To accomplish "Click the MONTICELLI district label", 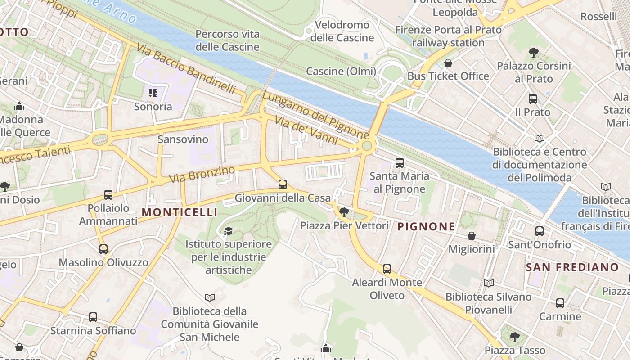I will click(x=180, y=212).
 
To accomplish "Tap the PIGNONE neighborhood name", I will click(x=426, y=226).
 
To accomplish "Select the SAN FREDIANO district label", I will click(x=572, y=267).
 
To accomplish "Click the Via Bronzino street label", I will click(x=202, y=175).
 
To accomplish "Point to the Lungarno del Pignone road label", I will click(x=315, y=116).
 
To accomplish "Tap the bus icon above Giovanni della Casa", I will click(x=283, y=184).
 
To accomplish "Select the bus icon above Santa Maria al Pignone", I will click(x=399, y=163).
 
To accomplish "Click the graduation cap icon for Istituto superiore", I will click(x=229, y=231).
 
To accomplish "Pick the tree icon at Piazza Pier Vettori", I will click(x=344, y=212).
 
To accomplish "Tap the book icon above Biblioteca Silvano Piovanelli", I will click(x=488, y=283).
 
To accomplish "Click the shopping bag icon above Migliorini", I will click(x=472, y=235).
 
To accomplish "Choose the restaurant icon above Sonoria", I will click(x=153, y=93).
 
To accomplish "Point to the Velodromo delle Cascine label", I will click(x=342, y=31).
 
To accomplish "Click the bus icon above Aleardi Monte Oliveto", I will click(x=387, y=269).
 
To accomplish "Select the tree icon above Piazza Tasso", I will click(x=514, y=337).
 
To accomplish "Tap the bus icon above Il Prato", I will click(x=533, y=99).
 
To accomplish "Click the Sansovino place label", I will click(x=183, y=139).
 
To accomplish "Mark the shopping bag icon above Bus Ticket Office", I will click(x=448, y=63).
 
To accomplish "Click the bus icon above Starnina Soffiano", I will click(x=93, y=317).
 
